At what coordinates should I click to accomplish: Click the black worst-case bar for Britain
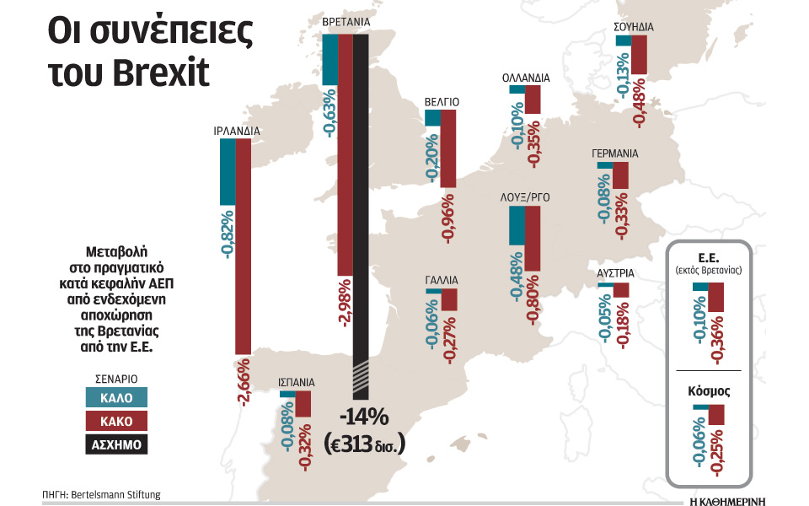361,211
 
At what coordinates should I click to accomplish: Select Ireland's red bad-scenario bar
243,245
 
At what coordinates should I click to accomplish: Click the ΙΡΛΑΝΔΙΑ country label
237,131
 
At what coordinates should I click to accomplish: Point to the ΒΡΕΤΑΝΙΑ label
348,21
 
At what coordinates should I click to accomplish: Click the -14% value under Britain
363,417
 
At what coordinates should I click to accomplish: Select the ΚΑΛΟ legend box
116,397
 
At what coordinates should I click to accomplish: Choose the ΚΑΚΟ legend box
116,421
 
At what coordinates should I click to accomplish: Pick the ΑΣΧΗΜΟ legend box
116,444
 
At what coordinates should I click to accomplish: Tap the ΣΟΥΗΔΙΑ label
634,26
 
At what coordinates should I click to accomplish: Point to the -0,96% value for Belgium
448,221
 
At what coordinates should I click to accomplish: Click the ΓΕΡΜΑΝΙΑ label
614,154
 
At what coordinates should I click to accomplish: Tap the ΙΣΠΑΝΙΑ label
297,381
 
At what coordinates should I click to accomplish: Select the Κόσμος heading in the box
708,391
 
